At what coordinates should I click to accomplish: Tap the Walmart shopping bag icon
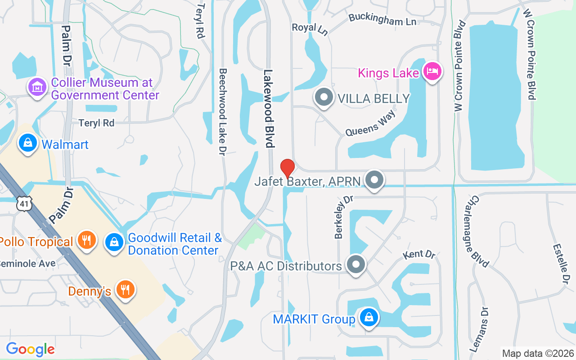28,144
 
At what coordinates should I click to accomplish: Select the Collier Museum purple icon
37,86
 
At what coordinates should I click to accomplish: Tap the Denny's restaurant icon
125,289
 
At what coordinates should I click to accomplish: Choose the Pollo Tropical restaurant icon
85,241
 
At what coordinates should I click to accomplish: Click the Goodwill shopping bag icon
114,243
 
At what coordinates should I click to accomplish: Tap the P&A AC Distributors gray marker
356,265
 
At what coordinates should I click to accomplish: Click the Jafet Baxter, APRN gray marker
374,180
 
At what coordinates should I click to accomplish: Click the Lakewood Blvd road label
269,108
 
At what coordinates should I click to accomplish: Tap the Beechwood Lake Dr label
222,112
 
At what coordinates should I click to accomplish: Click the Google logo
30,349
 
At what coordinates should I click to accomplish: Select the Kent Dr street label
419,254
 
